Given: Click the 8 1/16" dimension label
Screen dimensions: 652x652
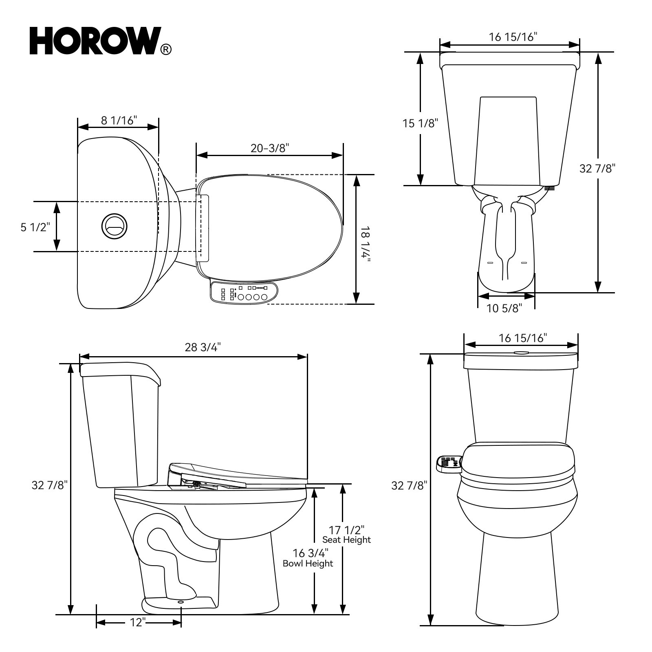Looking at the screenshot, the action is pos(119,120).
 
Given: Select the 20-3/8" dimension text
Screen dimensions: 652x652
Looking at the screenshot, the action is pos(269,148).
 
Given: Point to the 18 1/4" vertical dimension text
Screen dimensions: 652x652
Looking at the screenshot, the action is pos(366,244).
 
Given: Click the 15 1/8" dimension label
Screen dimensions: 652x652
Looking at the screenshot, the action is pos(420,123).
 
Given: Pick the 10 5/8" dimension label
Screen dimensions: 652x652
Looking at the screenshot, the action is pos(504,308).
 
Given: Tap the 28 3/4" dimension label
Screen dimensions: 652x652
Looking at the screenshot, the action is pos(203,347).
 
